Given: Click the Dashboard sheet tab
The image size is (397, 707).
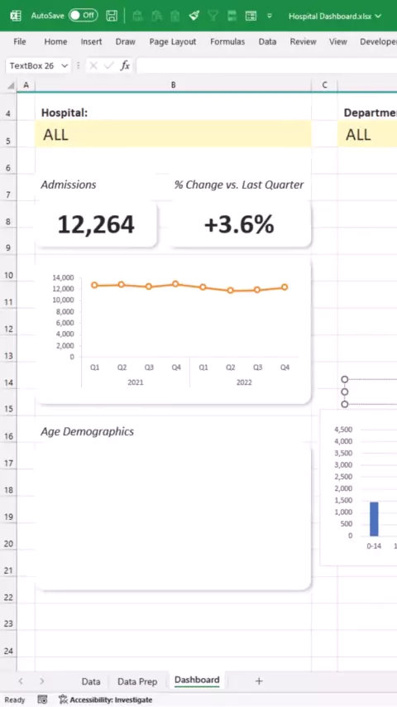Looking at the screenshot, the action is tap(197, 680).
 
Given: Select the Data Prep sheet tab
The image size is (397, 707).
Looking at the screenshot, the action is tap(137, 681).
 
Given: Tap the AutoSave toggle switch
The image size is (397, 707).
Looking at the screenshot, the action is tap(83, 16).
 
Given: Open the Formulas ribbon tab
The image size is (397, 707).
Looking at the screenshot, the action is tap(227, 41).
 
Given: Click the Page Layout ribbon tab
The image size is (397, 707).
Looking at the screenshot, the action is tap(173, 41).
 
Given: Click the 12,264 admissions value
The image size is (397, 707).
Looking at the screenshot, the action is tap(96, 224).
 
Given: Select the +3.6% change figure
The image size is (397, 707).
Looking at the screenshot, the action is tap(239, 224).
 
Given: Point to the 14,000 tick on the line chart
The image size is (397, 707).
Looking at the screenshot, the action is tap(63, 277).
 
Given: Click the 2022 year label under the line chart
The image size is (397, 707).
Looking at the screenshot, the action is tap(244, 382).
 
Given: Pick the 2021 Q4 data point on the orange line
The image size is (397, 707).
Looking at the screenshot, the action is tap(175, 284).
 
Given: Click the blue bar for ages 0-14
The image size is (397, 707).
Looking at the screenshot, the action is tap(374, 519).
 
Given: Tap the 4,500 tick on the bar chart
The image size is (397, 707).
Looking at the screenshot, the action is tap(343, 429).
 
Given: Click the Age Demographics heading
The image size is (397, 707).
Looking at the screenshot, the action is tap(88, 431).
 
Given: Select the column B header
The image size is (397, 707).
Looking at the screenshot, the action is tap(174, 84).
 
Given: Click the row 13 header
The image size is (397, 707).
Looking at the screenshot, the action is tap(8, 356).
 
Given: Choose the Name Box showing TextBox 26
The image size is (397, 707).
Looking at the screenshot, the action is tap(38, 66).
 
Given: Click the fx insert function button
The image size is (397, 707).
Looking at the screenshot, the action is tap(125, 66).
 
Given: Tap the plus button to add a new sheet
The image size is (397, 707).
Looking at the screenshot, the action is tap(259, 681).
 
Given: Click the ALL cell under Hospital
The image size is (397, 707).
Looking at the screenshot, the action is tap(173, 134).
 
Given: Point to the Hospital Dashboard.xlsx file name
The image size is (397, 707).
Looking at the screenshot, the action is tap(330, 17).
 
